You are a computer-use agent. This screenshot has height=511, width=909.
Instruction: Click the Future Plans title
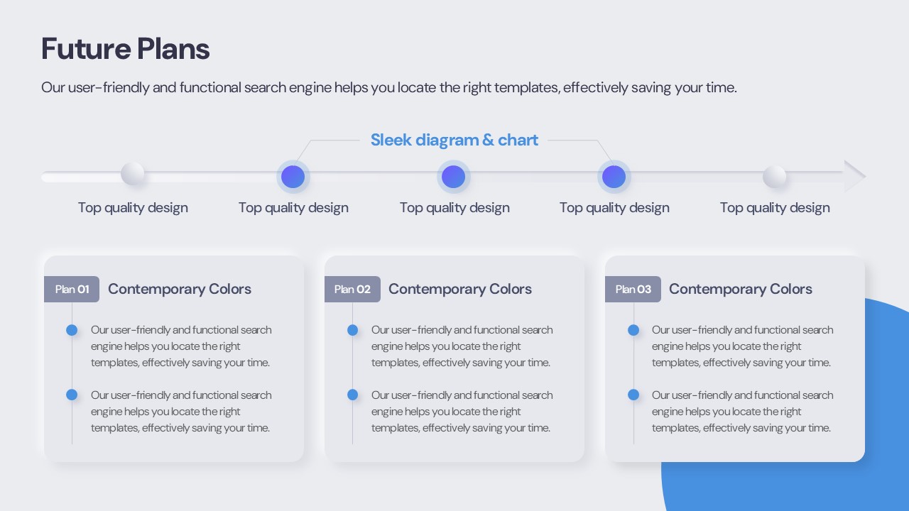click(126, 49)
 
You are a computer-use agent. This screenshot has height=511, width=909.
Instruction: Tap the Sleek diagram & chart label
click(454, 140)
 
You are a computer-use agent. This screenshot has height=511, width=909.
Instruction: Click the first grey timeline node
click(133, 174)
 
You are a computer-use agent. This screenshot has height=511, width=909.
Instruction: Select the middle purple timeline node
click(453, 177)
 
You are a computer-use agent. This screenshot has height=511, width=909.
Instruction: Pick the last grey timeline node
click(774, 177)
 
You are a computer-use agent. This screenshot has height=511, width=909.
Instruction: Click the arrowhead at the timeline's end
click(855, 176)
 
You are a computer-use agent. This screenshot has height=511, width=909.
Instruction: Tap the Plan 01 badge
click(72, 289)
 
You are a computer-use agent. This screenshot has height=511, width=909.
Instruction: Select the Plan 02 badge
click(352, 289)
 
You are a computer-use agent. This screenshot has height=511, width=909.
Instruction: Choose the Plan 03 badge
click(633, 289)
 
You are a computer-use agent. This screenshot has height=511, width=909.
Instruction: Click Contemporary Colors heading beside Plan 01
click(180, 289)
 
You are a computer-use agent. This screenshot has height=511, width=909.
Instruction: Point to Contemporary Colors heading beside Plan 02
click(459, 289)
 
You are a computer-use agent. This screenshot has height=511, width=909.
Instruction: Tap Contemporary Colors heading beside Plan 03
click(740, 289)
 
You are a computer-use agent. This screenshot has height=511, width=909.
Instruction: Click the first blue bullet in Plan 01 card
click(72, 330)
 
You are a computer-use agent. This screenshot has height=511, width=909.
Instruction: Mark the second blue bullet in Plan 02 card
click(353, 395)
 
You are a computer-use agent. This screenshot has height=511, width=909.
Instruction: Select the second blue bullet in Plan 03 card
click(633, 395)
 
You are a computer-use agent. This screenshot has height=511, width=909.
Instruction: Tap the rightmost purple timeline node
click(614, 177)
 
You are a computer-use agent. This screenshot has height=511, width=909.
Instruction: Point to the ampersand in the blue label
click(488, 140)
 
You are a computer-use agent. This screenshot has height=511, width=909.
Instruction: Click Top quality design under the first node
click(133, 208)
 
